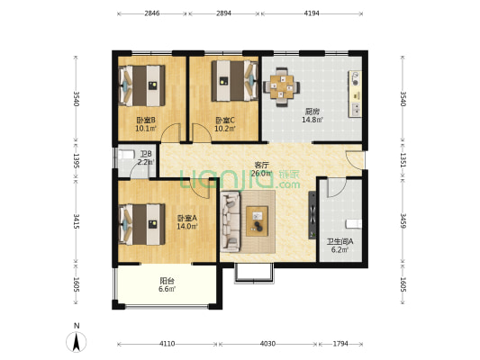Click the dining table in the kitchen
tap(283, 86)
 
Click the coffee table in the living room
tap(260, 216)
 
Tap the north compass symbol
tap(77, 340)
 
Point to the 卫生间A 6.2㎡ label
tap(340, 245)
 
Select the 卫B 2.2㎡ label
tap(146, 158)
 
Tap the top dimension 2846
tap(151, 14)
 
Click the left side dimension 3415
tap(77, 221)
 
